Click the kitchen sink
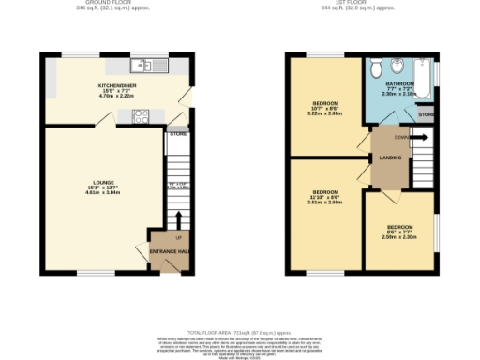point(143,65)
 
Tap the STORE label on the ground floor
point(177,135)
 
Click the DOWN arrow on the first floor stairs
point(419,137)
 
